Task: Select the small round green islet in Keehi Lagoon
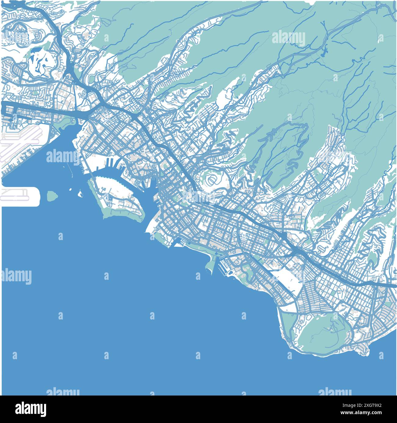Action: tap(52, 195)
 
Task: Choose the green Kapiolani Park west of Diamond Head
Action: tap(289, 324)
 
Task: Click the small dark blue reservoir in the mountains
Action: tap(324, 50)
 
